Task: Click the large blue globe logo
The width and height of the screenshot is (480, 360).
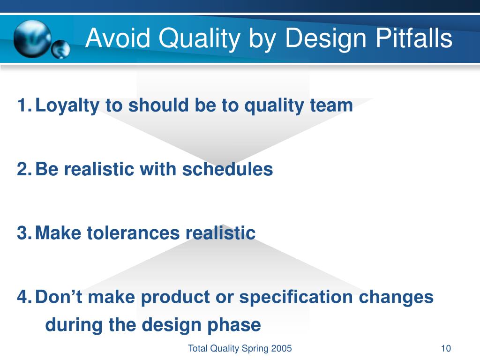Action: [x=31, y=38]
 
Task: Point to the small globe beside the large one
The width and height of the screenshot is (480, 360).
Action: [x=60, y=49]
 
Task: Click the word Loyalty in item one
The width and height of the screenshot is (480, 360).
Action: [x=67, y=106]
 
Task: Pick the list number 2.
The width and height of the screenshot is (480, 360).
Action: [x=23, y=169]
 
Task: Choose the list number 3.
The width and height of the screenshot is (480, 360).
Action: [x=23, y=233]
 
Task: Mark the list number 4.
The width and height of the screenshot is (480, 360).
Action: [x=23, y=297]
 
